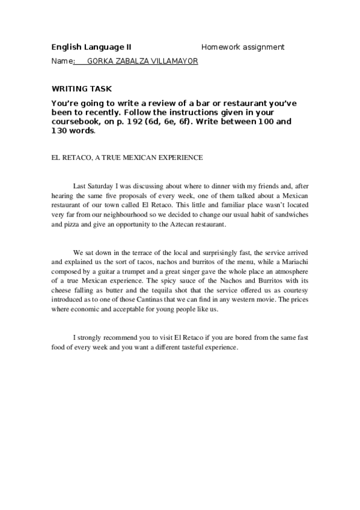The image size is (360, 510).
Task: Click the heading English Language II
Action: point(91,47)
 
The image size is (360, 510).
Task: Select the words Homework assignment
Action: point(243,47)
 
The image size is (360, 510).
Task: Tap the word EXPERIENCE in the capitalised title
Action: point(181,158)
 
